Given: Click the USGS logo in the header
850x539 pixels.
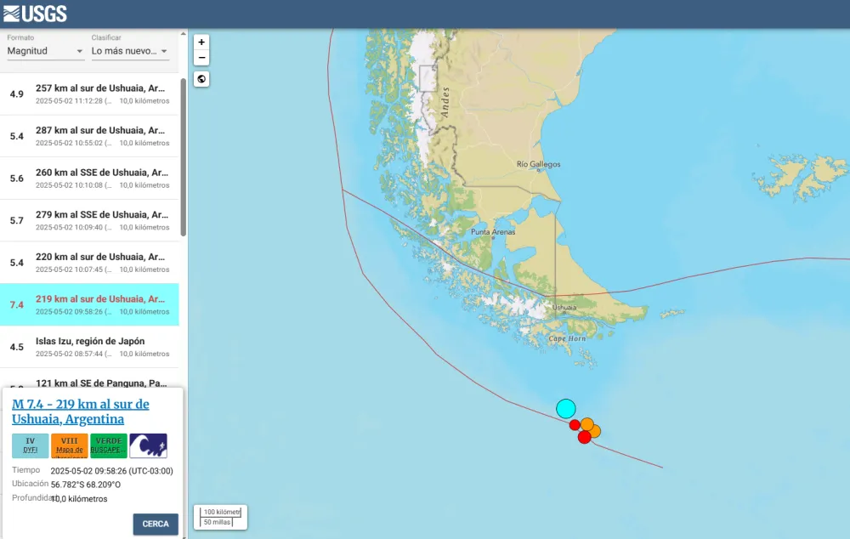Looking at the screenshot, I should click(x=35, y=14).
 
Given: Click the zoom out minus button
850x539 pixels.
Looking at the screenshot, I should click(x=201, y=58).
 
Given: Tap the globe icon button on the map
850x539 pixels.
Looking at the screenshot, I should click(x=201, y=79).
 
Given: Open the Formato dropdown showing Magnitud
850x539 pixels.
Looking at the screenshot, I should click(x=46, y=51).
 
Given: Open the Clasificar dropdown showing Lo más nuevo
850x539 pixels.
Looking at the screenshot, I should click(x=130, y=51).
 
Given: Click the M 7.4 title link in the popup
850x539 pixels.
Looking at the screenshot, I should click(x=80, y=411).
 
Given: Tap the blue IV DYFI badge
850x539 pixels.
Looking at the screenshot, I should click(x=30, y=445).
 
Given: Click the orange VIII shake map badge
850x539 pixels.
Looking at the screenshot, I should click(x=69, y=445).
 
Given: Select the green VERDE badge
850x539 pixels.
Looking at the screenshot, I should click(x=108, y=445).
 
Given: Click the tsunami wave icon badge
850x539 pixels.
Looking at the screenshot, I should click(x=148, y=445).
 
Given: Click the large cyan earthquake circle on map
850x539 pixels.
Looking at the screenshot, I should click(x=566, y=408).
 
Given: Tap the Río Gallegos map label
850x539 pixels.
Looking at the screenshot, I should click(x=539, y=165).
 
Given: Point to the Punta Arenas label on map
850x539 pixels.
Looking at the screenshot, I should click(x=494, y=231).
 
